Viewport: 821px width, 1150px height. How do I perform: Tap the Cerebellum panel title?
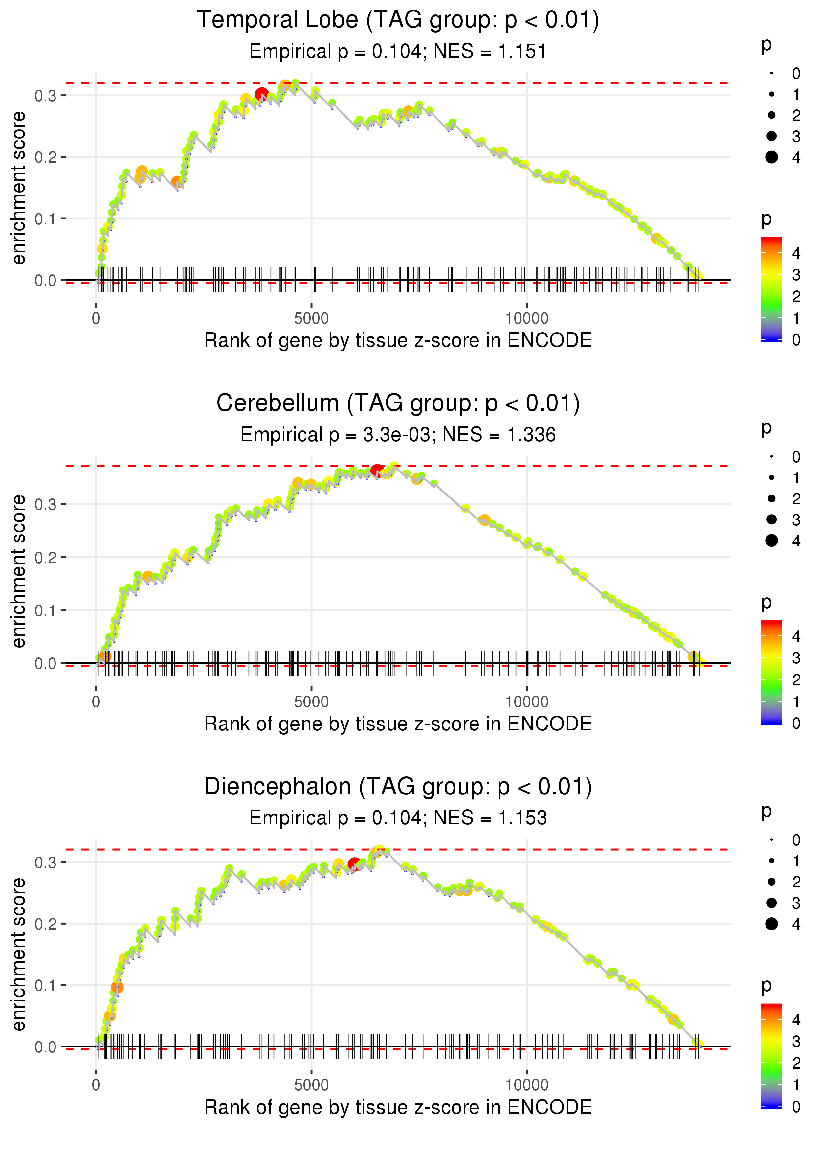pyautogui.click(x=398, y=403)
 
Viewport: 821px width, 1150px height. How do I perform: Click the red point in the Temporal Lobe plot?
pyautogui.click(x=261, y=94)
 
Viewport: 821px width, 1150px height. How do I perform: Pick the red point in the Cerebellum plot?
pyautogui.click(x=377, y=471)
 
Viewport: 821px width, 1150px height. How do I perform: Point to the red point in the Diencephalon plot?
pyautogui.click(x=354, y=864)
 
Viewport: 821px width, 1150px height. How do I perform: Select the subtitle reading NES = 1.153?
pyautogui.click(x=398, y=818)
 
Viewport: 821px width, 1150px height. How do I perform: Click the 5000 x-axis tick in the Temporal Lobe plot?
pyautogui.click(x=311, y=319)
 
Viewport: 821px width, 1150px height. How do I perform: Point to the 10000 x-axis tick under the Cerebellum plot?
pyautogui.click(x=527, y=702)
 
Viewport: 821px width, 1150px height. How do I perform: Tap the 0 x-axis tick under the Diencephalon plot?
pyautogui.click(x=96, y=1085)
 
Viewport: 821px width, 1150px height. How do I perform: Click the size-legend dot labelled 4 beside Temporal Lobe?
pyautogui.click(x=771, y=157)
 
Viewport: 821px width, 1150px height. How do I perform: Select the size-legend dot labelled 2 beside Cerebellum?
pyautogui.click(x=771, y=499)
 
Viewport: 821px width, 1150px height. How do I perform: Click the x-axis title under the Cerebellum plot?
pyautogui.click(x=398, y=724)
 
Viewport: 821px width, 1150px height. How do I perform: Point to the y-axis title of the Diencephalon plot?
pyautogui.click(x=19, y=955)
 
